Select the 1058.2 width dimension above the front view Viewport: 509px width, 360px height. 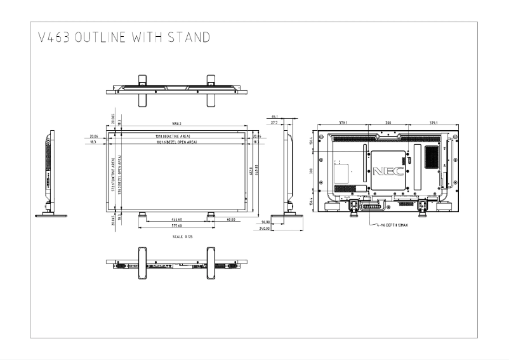click(176, 124)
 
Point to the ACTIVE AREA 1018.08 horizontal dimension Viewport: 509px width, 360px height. click(173, 136)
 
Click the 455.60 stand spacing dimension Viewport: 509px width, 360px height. click(176, 220)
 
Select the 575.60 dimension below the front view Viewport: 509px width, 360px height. click(176, 226)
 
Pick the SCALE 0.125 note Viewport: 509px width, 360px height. click(182, 236)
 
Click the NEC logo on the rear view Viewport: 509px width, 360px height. click(387, 171)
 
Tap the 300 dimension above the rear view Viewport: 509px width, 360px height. click(387, 123)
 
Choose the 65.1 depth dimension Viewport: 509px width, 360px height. click(275, 117)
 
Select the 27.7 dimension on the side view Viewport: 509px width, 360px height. click(274, 123)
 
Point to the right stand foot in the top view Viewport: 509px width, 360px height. click(211, 85)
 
